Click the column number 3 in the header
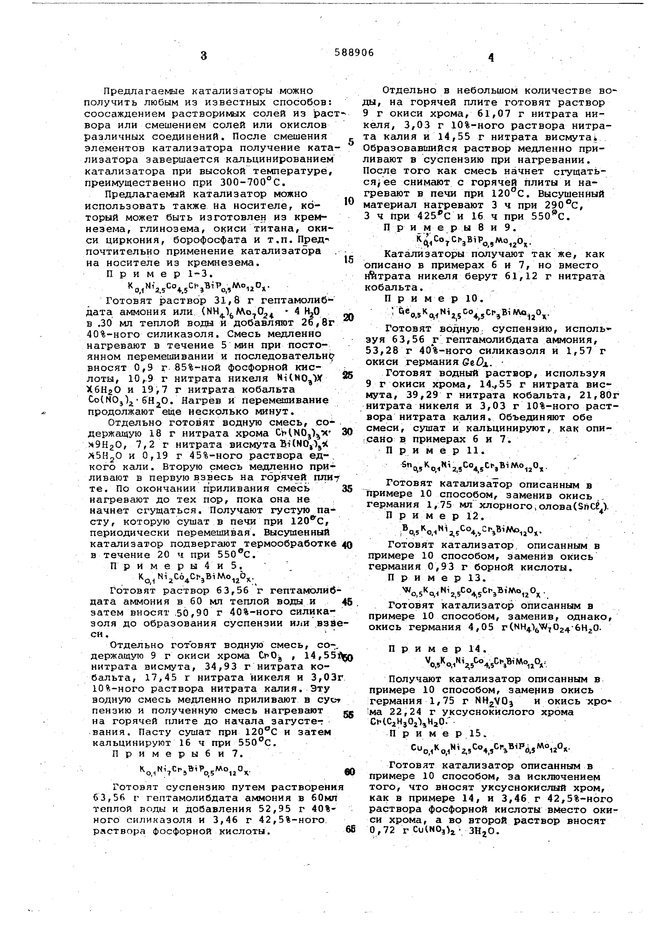pyautogui.click(x=204, y=56)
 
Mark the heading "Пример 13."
pyautogui.click(x=437, y=578)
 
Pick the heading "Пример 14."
pyautogui.click(x=437, y=649)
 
